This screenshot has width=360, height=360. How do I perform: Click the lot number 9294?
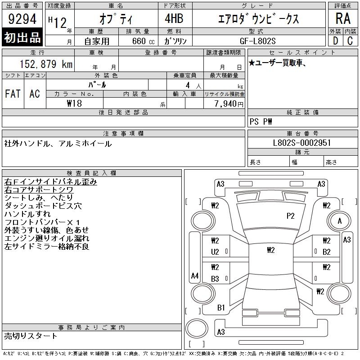22,19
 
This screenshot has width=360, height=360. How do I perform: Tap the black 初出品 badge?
22,37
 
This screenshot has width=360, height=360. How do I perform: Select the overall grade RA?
343,18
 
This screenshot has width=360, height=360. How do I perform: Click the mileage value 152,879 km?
46,64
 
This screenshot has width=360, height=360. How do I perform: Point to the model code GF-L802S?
257,41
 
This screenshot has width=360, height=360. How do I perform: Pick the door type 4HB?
174,18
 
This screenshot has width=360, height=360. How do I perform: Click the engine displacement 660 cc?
143,41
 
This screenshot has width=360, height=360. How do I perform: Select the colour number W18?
74,103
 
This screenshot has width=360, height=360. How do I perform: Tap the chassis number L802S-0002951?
302,143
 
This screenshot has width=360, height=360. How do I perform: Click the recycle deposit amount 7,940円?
229,103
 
